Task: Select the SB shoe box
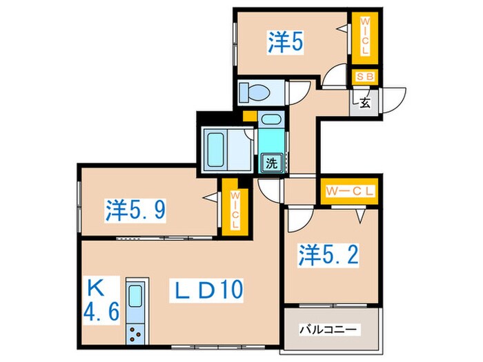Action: pyautogui.click(x=364, y=77)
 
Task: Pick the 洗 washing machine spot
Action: pyautogui.click(x=272, y=163)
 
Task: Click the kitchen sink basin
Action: pyautogui.click(x=135, y=296)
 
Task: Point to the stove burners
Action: pyautogui.click(x=135, y=336)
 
